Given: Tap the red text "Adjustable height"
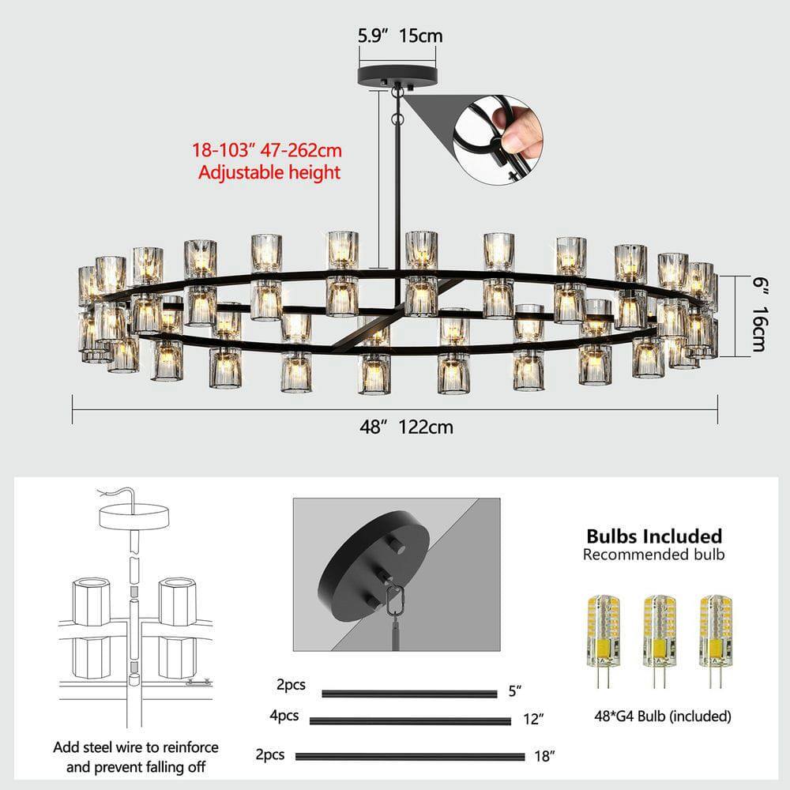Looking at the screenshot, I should (269, 171).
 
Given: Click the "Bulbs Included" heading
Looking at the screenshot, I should (653, 536).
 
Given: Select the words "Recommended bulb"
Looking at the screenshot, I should (653, 555).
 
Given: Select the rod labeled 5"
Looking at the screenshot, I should (408, 694).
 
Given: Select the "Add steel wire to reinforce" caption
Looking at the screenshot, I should (136, 747).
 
